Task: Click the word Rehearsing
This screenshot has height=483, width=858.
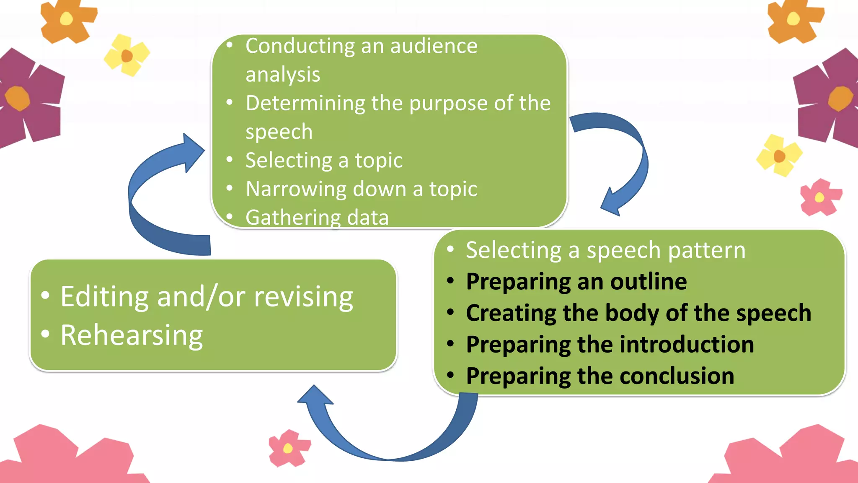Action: pos(132,335)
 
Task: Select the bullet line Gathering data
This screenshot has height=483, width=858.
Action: pos(317,218)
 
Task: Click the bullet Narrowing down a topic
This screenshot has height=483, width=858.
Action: pos(361,189)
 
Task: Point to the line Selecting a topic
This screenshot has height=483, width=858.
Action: pos(324,161)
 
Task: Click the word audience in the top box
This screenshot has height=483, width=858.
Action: pos(434,46)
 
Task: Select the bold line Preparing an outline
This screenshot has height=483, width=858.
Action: pos(576,281)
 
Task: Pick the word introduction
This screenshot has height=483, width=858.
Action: pos(687,345)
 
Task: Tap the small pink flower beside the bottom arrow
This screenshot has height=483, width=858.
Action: pos(289,448)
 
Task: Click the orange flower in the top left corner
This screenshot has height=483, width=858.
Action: pos(67,20)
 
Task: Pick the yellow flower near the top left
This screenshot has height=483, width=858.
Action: pos(127,55)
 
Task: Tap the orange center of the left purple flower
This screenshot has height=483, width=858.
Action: pos(18,98)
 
